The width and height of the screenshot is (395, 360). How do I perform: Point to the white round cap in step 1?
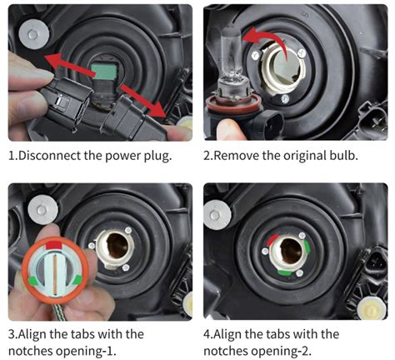(34, 35)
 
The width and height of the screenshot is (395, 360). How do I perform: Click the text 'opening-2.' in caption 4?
(292, 350)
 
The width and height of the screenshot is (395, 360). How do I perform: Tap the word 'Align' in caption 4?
(237, 333)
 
